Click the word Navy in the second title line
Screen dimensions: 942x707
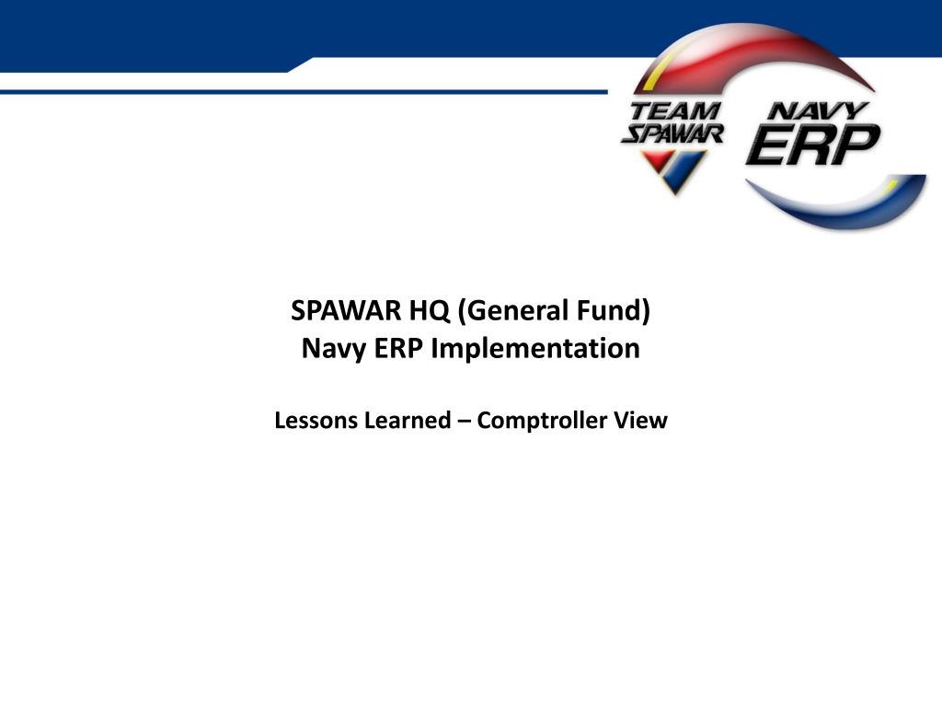pyautogui.click(x=333, y=349)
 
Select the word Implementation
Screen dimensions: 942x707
pyautogui.click(x=535, y=349)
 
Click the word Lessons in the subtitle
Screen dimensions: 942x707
pyautogui.click(x=315, y=420)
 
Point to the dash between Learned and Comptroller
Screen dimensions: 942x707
pyautogui.click(x=464, y=422)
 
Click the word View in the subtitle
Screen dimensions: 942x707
pyautogui.click(x=640, y=420)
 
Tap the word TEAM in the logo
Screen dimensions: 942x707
pyautogui.click(x=674, y=111)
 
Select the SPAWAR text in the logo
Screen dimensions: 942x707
pyautogui.click(x=672, y=133)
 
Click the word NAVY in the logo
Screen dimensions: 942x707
pyautogui.click(x=818, y=110)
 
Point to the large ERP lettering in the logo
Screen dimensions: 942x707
pyautogui.click(x=813, y=145)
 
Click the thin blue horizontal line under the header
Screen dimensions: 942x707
pyautogui.click(x=304, y=92)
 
